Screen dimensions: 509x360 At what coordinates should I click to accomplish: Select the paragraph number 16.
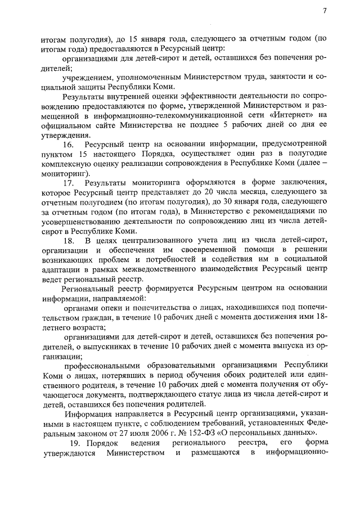[x=69, y=145]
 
